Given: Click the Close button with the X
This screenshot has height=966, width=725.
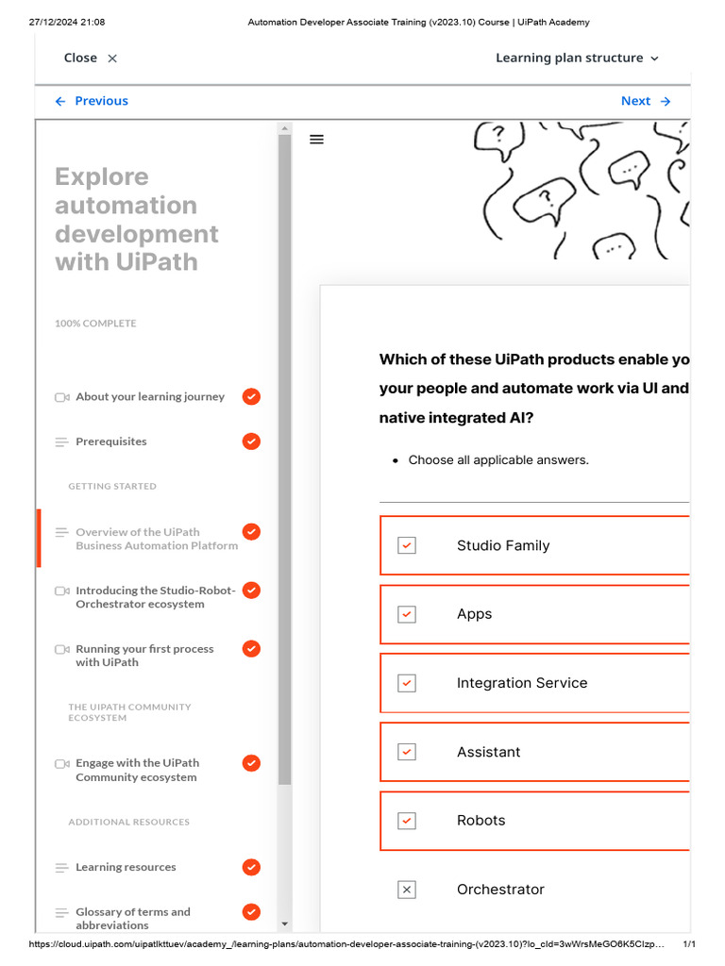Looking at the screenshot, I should [x=91, y=58].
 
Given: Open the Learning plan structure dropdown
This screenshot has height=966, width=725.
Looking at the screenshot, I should [x=577, y=58].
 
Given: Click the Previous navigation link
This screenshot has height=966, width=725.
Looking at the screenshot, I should [x=92, y=101].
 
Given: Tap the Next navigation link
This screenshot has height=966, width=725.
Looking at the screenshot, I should [x=646, y=101].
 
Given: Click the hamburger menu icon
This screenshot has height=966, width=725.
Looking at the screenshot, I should [x=317, y=140].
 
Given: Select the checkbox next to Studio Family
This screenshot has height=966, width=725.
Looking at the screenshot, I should [x=407, y=545].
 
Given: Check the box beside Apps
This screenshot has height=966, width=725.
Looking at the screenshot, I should [x=407, y=614].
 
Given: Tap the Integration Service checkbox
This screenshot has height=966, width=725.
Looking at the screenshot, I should [x=407, y=683].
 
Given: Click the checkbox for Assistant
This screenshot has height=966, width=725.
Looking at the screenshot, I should [x=407, y=752].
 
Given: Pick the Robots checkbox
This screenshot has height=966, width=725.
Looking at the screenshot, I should [x=407, y=821].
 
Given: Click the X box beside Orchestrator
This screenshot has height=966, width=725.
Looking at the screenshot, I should [x=407, y=890].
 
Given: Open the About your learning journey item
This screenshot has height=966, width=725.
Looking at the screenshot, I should [x=150, y=397].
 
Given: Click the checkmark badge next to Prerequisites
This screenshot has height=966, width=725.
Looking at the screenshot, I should [x=251, y=441].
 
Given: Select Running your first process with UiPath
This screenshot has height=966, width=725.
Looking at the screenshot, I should [x=144, y=656].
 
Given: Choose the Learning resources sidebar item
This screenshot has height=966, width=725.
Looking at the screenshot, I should [x=126, y=867].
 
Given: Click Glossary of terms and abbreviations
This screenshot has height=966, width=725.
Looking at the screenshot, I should [x=132, y=918].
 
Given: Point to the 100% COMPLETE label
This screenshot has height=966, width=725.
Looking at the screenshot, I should [x=95, y=324].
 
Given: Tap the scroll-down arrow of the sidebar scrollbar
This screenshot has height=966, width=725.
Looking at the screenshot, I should [x=285, y=924].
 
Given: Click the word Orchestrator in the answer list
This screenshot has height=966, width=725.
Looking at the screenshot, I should [x=500, y=890].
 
